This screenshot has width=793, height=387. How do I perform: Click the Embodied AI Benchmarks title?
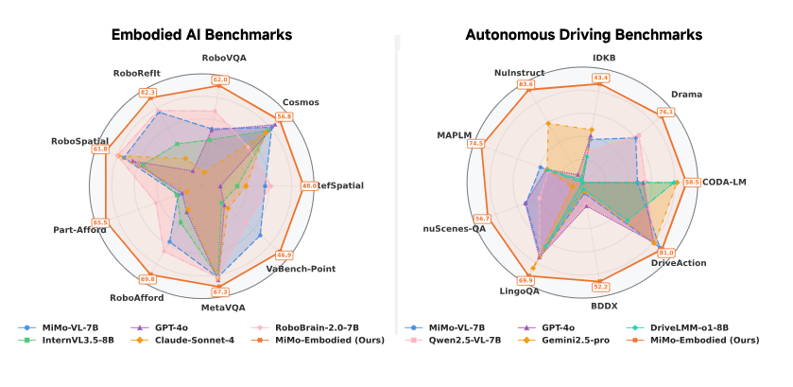[x=201, y=35]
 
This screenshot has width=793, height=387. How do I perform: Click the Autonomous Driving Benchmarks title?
[x=583, y=35]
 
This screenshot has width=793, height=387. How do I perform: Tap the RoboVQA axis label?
[x=220, y=59]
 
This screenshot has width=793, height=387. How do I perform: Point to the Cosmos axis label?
[x=301, y=102]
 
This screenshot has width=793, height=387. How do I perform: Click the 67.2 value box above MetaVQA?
[x=220, y=292]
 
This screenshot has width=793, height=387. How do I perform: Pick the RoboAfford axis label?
[x=136, y=297]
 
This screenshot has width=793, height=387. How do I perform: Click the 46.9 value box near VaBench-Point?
[x=284, y=255]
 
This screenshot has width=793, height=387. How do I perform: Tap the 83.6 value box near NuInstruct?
[x=526, y=85]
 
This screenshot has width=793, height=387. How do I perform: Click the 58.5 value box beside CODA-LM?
[x=692, y=182]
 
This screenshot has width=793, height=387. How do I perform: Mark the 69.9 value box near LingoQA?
[x=526, y=280]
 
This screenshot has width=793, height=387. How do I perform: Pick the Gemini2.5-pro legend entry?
[x=566, y=340]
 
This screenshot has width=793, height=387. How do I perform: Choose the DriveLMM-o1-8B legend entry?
[x=700, y=326]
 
